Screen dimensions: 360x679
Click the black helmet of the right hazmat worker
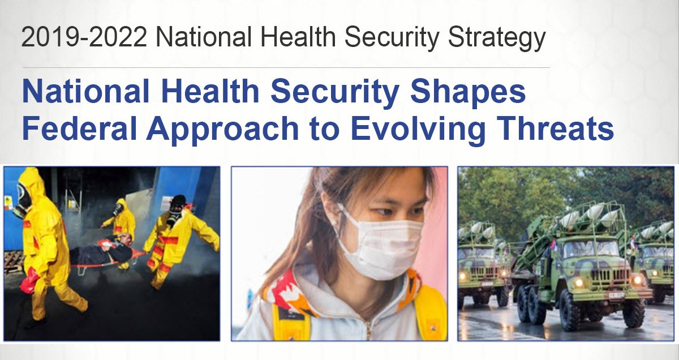pos(178,201)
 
